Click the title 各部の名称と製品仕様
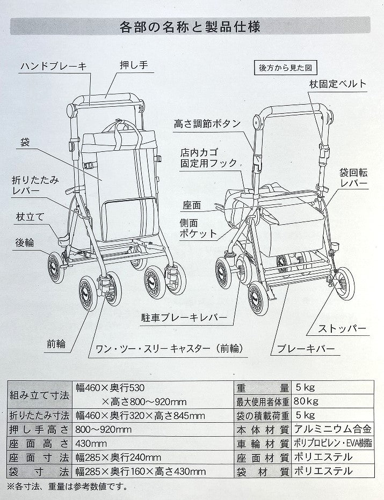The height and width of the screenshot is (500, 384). (191, 25)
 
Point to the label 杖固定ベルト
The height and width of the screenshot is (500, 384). (338, 84)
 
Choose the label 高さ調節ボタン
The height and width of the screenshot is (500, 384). (207, 123)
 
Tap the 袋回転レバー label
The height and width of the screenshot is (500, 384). (353, 178)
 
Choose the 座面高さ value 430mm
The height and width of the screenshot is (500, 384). (91, 443)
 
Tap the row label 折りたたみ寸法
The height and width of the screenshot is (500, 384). (40, 415)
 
